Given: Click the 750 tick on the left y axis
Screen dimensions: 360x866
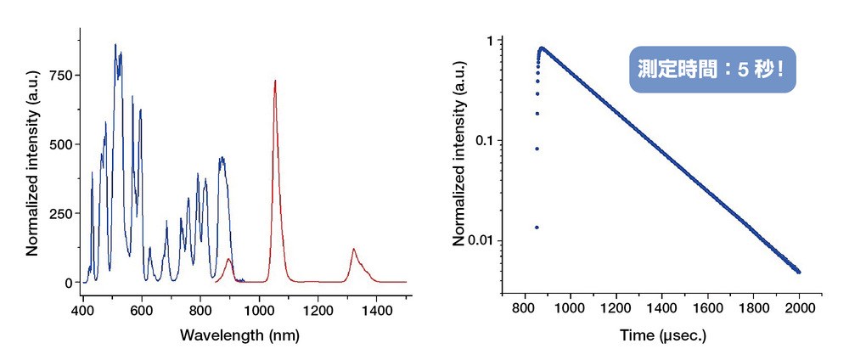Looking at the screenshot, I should pos(61,75).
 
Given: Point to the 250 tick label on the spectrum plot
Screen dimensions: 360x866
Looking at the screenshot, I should pos(61,213).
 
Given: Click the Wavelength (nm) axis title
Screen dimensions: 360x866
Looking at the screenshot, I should pos(239,335).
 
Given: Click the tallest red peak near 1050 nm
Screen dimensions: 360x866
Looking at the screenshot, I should pos(275,82).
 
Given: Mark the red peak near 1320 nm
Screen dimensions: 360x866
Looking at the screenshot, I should pos(353,250).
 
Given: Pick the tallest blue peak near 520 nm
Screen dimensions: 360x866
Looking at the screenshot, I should pos(115,45).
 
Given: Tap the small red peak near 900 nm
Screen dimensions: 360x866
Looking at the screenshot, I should pos(228,259).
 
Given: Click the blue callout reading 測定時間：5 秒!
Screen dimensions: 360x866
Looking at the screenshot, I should pos(712,70).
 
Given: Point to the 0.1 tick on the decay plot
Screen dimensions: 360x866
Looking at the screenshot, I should pos(485,140).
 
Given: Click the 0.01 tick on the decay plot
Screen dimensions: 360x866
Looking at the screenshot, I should pos(481,240).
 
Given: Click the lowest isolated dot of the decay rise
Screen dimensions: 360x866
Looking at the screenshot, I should pos(536,228).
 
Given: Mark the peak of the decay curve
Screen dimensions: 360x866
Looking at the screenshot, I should pos(542,48).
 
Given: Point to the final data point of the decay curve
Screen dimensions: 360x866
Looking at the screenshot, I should pos(799,272).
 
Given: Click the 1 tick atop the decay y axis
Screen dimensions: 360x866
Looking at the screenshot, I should pos(490,40).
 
